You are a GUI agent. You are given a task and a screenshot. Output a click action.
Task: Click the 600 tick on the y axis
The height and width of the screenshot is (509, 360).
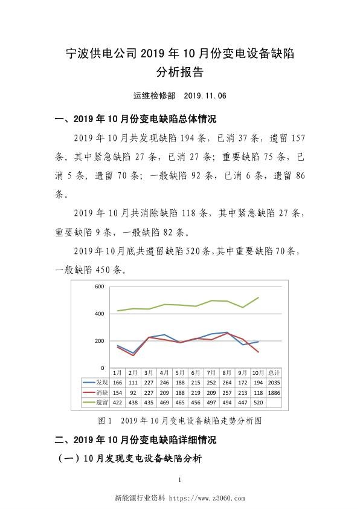(x=98, y=287)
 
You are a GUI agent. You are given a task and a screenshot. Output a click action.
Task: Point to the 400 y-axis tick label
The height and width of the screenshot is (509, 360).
(x=98, y=314)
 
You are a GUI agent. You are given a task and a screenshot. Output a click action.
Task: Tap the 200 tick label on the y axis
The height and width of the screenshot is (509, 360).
(x=98, y=341)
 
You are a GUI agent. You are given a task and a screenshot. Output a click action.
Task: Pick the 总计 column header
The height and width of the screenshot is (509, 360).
(x=273, y=373)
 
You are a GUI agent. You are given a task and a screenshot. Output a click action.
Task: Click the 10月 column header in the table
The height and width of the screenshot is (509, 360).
(x=257, y=373)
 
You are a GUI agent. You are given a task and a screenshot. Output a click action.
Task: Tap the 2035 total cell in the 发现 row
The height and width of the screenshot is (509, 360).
(x=273, y=383)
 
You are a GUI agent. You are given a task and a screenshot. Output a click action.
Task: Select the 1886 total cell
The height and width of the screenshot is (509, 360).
(x=273, y=392)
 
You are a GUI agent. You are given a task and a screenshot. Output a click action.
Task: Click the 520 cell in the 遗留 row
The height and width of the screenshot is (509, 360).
(x=257, y=402)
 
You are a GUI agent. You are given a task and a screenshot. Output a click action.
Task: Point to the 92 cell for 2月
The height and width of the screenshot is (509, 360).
(x=133, y=392)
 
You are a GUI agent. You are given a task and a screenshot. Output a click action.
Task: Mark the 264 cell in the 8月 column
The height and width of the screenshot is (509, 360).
(x=226, y=383)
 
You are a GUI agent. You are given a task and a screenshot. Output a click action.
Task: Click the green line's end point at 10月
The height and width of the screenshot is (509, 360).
(x=259, y=297)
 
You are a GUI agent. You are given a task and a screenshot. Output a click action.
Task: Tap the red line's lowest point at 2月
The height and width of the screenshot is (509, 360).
(x=133, y=355)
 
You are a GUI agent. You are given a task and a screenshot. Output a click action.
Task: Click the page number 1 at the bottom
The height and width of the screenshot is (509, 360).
(x=180, y=481)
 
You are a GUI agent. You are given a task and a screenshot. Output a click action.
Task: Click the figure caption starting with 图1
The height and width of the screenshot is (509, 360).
(x=179, y=419)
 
